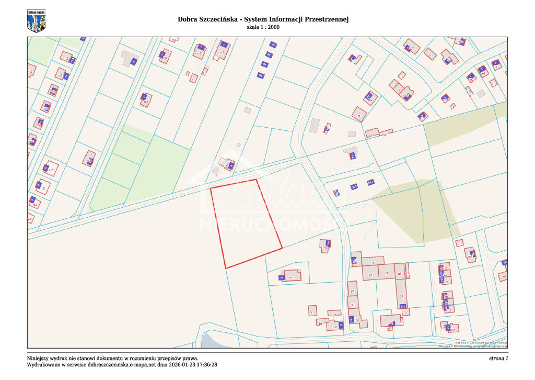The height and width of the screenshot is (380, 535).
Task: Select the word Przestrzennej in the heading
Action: coord(323,19)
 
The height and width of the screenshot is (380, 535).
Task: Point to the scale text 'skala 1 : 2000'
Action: coord(263,27)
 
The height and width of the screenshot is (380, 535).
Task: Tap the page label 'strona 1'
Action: coord(498,358)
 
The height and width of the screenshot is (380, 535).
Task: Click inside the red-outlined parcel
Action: coord(245,222)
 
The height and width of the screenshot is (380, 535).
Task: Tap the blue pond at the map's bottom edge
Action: coord(212,341)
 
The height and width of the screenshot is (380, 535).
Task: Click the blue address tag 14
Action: coord(282,277)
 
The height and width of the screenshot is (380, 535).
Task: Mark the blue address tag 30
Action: coord(264,64)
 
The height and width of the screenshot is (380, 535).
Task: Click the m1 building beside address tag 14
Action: coord(293,276)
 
